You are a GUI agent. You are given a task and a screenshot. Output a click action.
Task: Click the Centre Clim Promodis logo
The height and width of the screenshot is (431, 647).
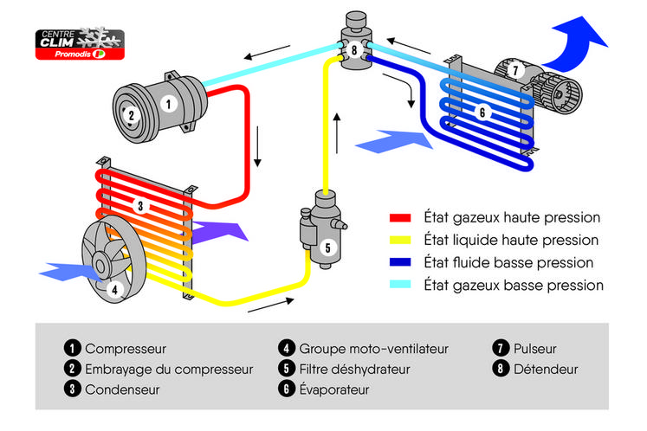79,44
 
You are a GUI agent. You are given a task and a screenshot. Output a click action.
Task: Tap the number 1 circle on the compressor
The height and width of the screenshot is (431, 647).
168,102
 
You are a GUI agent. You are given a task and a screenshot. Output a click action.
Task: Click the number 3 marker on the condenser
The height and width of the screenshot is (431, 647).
139,205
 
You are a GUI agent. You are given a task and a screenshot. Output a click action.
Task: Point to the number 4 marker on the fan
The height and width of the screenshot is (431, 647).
114,290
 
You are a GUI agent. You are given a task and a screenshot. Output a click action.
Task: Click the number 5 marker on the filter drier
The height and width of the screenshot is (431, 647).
327,246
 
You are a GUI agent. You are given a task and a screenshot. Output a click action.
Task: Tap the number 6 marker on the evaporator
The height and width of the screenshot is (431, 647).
482,111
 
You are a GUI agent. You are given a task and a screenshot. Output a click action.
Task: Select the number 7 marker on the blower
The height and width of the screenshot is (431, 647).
515,69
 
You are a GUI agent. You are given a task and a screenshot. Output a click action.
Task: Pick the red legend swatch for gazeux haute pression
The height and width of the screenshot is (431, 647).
400,218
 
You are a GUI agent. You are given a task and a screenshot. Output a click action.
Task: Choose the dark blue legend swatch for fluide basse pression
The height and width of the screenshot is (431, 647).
400,262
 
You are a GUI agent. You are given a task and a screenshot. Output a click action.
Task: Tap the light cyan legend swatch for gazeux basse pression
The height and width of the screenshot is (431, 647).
400,285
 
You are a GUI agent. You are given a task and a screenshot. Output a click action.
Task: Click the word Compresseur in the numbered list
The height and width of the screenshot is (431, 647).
125,349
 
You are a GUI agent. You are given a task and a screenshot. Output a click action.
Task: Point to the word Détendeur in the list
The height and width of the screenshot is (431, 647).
545,370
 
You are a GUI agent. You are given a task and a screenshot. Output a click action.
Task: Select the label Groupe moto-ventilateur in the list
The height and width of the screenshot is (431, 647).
373,349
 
